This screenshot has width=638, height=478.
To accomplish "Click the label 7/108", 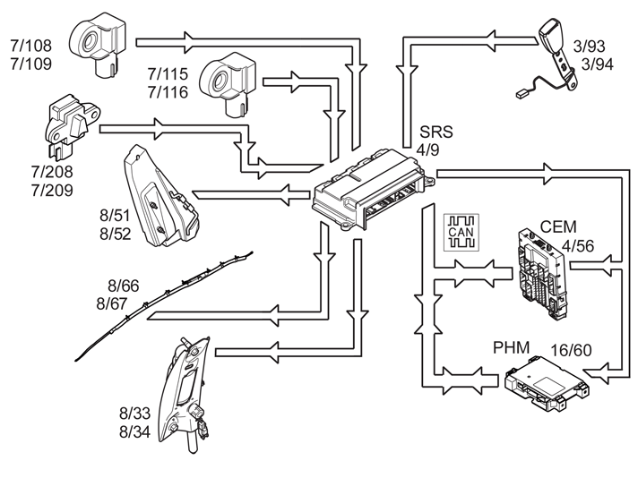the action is click(x=31, y=46).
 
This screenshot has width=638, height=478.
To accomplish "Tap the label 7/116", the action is click(x=168, y=92).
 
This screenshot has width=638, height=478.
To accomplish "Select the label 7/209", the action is click(x=52, y=191).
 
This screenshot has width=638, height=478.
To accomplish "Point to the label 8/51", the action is click(x=115, y=216).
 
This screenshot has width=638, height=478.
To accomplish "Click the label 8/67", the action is click(x=112, y=303).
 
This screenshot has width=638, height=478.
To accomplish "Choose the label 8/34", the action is click(x=135, y=431).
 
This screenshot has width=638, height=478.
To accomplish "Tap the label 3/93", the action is click(x=590, y=47).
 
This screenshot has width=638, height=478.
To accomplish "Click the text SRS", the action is click(x=436, y=132).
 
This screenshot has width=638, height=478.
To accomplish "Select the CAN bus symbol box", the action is click(x=461, y=232).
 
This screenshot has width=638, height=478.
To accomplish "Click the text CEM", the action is click(x=558, y=226).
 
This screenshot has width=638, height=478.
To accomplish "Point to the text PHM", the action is click(x=511, y=348).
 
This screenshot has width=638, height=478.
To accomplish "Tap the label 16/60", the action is click(x=572, y=350).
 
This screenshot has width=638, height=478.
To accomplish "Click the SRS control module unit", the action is click(x=373, y=190).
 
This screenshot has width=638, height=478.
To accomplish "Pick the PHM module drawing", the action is click(x=546, y=381).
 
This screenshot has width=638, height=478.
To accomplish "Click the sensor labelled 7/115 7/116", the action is click(x=228, y=84).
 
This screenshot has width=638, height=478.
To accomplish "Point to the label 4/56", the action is click(x=578, y=246).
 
